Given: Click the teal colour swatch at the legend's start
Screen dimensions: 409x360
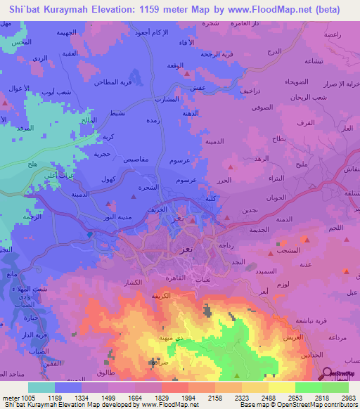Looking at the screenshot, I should tap(41, 387).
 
